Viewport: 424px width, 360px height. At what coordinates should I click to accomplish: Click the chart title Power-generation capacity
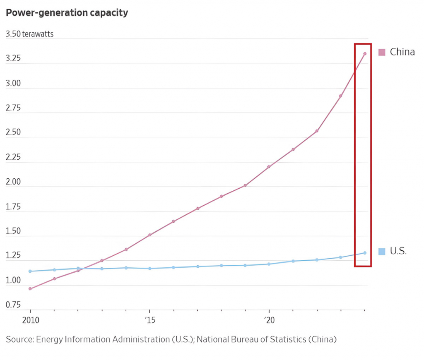pyautogui.click(x=67, y=13)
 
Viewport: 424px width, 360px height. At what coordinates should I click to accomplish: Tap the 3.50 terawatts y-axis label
pyautogui.click(x=29, y=34)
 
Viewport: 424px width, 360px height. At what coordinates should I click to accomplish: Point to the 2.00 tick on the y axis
pyautogui.click(x=13, y=182)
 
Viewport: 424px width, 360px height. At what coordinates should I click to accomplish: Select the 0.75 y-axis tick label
pyautogui.click(x=13, y=305)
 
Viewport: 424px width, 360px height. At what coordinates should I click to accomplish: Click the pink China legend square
pyautogui.click(x=382, y=52)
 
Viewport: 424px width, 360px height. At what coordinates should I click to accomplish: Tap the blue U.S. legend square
pyautogui.click(x=382, y=251)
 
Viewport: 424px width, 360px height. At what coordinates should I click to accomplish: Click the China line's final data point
pyautogui.click(x=365, y=54)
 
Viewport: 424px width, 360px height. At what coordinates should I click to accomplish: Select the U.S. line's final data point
pyautogui.click(x=365, y=253)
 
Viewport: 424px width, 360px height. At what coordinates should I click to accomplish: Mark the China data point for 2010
pyautogui.click(x=30, y=288)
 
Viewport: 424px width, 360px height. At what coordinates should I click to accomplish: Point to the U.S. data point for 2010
pyautogui.click(x=30, y=271)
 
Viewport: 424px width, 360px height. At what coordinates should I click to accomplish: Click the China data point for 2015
pyautogui.click(x=149, y=235)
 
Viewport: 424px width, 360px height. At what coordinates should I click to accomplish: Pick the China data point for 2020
pyautogui.click(x=269, y=167)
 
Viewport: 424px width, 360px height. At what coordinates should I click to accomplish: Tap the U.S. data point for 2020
pyautogui.click(x=269, y=264)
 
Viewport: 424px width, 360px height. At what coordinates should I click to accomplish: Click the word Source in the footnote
pyautogui.click(x=19, y=340)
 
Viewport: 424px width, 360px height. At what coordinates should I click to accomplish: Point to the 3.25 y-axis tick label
pyautogui.click(x=13, y=58)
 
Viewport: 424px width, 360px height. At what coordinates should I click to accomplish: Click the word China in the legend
pyautogui.click(x=402, y=52)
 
